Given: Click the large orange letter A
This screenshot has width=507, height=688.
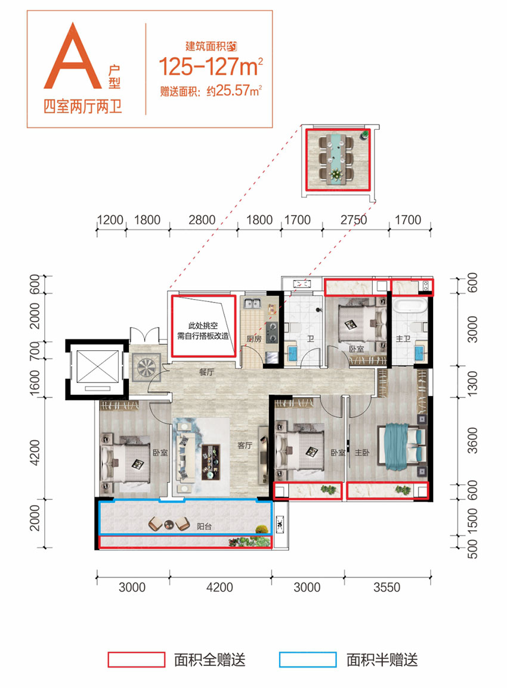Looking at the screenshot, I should (x=75, y=58).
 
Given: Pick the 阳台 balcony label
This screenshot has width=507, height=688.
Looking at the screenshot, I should (x=205, y=527).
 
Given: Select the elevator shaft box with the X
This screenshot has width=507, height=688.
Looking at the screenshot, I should (x=94, y=369).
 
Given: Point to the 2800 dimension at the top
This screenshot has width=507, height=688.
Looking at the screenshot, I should (x=202, y=220).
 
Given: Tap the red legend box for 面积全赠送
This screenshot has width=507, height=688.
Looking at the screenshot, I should (x=135, y=659).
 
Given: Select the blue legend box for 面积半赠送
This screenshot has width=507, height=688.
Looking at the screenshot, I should (x=307, y=659).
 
